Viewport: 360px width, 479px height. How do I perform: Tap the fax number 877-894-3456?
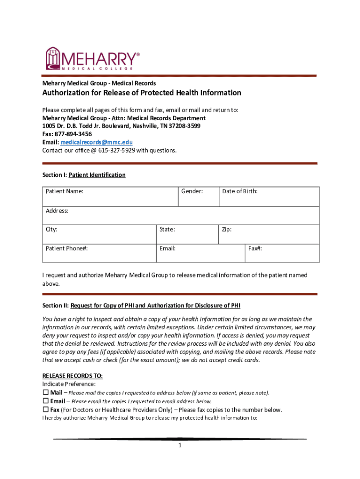(72, 134)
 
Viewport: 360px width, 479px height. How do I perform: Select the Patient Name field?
(110, 196)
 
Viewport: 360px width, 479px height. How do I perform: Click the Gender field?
(198, 196)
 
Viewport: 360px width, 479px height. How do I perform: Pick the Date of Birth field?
(269, 196)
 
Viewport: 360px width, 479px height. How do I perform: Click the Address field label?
(57, 211)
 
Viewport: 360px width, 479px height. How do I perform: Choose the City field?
(99, 234)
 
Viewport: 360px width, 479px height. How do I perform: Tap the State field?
(187, 234)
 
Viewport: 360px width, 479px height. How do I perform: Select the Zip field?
(268, 234)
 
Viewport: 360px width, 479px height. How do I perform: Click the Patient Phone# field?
(99, 253)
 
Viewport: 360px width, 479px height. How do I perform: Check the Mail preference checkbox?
(46, 392)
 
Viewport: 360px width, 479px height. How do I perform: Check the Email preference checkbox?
(46, 401)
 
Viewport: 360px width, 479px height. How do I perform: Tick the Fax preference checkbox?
(46, 410)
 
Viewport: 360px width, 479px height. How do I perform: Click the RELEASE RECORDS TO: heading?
(72, 376)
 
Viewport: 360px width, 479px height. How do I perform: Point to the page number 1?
(180, 446)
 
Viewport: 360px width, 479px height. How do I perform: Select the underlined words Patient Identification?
(97, 175)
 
